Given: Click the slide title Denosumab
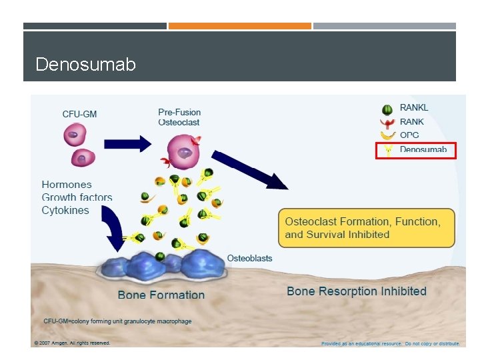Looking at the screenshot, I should click(85, 65).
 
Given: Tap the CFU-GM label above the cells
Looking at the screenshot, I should click(79, 114).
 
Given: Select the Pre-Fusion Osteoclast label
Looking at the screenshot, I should click(179, 117).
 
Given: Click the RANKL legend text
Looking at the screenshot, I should click(414, 108).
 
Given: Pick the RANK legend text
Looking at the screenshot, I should click(412, 122).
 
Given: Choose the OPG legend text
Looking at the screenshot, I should click(409, 135).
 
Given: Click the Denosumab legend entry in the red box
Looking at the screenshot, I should click(417, 150).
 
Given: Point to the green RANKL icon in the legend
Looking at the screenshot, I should click(387, 109).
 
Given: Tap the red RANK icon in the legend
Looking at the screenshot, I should click(387, 123).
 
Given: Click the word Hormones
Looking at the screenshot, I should click(67, 185).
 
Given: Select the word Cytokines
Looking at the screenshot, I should click(65, 211).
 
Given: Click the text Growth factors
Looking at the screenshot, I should click(77, 197).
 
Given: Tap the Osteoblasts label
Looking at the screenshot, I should click(249, 258).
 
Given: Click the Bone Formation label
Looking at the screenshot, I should click(161, 295).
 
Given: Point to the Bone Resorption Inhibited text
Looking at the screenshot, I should click(356, 291).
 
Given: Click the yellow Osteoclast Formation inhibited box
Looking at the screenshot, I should click(366, 228).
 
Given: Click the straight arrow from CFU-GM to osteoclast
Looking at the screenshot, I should click(127, 143).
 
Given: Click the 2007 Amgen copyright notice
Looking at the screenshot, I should click(71, 343).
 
